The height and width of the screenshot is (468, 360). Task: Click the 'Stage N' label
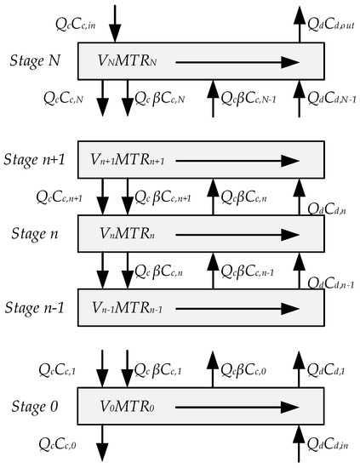click(x=38, y=60)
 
